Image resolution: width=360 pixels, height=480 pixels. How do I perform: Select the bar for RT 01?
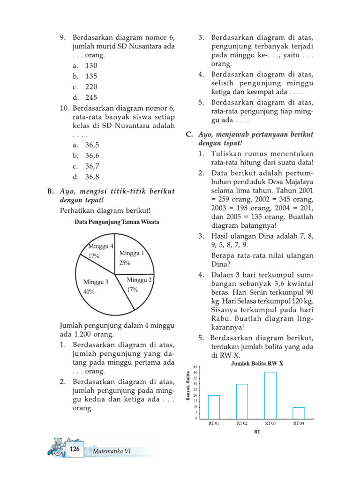click(x=214, y=406)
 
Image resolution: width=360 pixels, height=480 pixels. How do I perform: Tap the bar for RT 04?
click(x=299, y=412)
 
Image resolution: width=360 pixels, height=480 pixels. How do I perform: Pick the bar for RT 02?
click(x=242, y=401)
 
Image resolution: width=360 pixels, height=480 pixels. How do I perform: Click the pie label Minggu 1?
click(x=131, y=253)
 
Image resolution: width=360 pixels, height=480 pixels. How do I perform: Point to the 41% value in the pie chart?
click(x=89, y=292)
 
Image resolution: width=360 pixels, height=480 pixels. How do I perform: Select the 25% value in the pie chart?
click(x=125, y=263)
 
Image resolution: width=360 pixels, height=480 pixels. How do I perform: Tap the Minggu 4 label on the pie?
click(x=101, y=246)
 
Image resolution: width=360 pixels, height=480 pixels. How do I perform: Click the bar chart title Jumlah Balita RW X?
click(x=258, y=363)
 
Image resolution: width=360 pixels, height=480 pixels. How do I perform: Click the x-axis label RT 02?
click(x=242, y=423)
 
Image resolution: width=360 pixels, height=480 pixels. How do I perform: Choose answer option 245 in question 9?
click(x=91, y=98)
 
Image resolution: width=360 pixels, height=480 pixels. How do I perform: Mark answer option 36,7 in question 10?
click(x=92, y=166)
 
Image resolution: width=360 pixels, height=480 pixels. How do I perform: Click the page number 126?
click(x=74, y=450)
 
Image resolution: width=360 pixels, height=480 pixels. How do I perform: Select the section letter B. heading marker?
click(x=51, y=191)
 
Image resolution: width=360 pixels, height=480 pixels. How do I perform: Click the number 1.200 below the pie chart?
click(x=85, y=335)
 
